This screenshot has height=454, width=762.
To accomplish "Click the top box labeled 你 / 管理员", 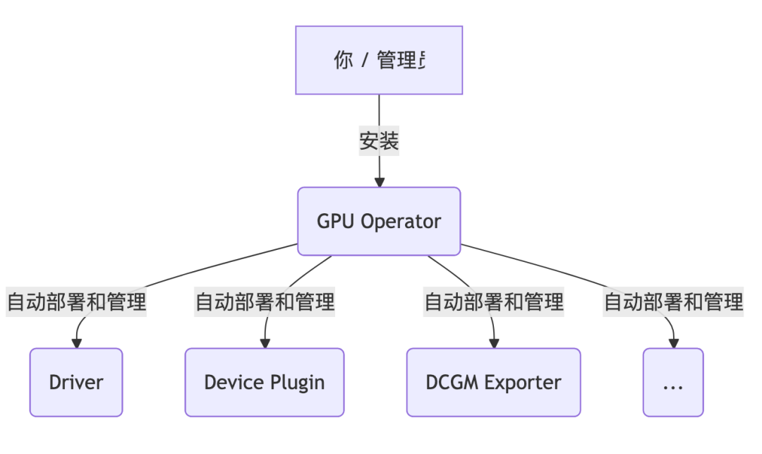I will point(379,60).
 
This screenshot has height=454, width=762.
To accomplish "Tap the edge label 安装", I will point(379,141).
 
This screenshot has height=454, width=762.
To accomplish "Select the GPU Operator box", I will point(379,221).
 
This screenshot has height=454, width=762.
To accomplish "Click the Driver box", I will point(76,382).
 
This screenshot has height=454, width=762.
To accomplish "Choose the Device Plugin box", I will point(265,382).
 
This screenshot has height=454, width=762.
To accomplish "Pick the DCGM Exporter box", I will point(493,382).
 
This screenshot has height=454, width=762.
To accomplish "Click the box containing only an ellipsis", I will point(673,382).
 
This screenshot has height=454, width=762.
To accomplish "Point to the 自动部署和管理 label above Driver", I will point(76,302).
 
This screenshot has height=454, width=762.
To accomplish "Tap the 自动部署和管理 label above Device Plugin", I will point(265,302).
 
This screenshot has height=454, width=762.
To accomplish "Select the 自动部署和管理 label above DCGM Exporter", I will point(493,302).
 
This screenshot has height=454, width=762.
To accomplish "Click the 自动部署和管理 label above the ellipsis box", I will point(673,302).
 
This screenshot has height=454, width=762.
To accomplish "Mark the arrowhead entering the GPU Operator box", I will point(380,182).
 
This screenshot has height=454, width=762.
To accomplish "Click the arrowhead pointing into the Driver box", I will point(76,343).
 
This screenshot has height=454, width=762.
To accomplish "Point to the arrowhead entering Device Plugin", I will point(265,343).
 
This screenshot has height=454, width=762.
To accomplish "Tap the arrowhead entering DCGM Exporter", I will point(493,343).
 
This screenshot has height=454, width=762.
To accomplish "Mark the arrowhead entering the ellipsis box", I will point(673,343).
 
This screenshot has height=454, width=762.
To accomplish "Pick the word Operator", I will point(401,222).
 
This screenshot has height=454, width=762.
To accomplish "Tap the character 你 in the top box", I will point(344,61).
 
